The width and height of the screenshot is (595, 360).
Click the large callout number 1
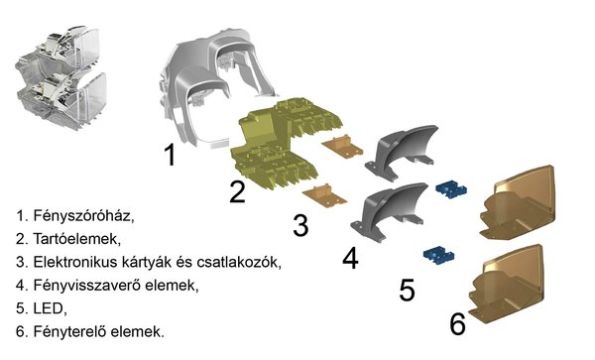pyautogui.click(x=171, y=155)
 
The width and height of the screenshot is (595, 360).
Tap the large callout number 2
pyautogui.click(x=238, y=191)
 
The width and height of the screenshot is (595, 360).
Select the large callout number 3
pyautogui.click(x=300, y=225)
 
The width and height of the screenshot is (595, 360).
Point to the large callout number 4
pyautogui.click(x=350, y=258)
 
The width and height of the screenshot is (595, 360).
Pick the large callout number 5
pyautogui.click(x=408, y=290)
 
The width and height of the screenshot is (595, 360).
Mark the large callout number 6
pyautogui.click(x=457, y=323)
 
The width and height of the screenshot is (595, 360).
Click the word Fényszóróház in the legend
pyautogui.click(x=83, y=216)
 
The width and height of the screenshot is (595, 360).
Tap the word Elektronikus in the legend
pyautogui.click(x=75, y=262)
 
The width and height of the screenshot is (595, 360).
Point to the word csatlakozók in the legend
pyautogui.click(x=239, y=263)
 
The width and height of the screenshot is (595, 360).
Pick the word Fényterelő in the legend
pyautogui.click(x=69, y=331)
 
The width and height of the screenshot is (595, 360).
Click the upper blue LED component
pyautogui.click(x=451, y=188)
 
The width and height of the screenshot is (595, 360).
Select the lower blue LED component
pyautogui.click(x=438, y=255)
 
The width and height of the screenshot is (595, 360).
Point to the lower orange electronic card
pyautogui.click(x=325, y=195)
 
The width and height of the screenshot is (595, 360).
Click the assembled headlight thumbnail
pyautogui.click(x=61, y=77)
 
